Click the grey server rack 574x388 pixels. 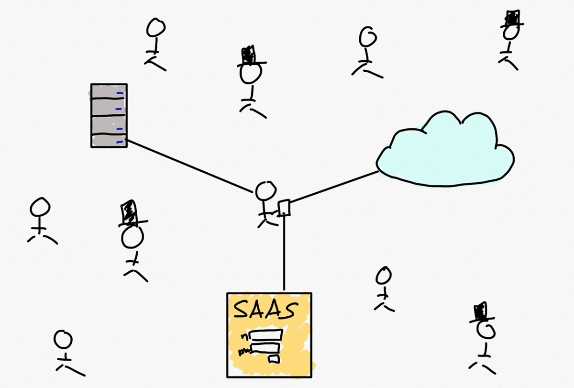point(109,115)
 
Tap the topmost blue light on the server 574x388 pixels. point(121,94)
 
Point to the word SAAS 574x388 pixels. point(263,310)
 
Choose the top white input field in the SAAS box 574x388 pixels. point(266,334)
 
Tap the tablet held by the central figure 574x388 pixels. point(284,207)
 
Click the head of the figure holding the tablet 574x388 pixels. point(265,191)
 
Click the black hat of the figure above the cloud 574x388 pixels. point(512,19)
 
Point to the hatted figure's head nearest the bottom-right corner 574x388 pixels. point(487,330)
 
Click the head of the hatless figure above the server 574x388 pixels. point(155,28)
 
